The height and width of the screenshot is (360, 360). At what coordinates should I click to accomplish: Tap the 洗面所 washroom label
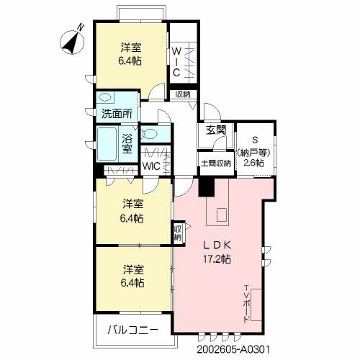tap(115, 114)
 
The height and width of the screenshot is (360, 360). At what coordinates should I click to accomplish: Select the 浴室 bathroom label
tap(127, 143)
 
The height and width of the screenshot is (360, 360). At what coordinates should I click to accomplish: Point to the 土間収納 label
tap(216, 163)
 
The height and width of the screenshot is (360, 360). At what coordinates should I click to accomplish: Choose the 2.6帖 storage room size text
tap(253, 163)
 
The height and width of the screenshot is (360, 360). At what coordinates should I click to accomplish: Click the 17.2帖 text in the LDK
tap(216, 258)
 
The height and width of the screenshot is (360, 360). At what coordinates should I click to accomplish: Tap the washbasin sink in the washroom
tap(106, 97)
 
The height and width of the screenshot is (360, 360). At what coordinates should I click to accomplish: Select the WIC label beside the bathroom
tap(151, 166)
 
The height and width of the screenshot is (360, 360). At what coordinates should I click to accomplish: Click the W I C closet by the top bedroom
tap(176, 61)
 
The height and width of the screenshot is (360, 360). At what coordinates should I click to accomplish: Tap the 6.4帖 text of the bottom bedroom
tap(132, 283)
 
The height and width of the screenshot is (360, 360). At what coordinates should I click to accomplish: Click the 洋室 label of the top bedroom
tap(130, 48)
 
